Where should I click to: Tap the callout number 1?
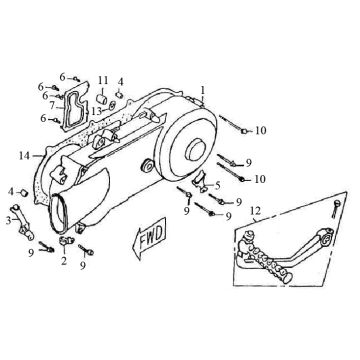tap(203, 88)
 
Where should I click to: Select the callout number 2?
tap(63, 262)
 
